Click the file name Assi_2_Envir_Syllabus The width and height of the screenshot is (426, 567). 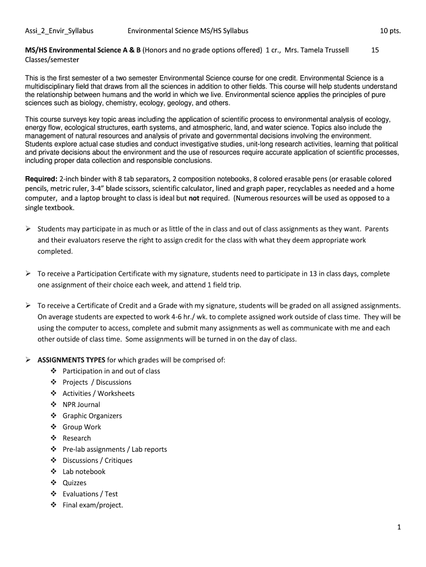[59, 31]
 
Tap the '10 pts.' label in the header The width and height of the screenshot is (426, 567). [389, 31]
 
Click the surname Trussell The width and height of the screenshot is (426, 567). [334, 50]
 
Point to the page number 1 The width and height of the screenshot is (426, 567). [398, 528]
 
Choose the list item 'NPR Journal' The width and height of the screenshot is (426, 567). [81, 404]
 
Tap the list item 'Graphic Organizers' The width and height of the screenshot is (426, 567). [92, 416]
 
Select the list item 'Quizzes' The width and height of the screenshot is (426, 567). [74, 483]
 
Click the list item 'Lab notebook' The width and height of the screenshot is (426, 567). [84, 472]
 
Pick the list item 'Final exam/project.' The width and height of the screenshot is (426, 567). [92, 505]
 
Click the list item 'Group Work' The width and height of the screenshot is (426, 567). [82, 427]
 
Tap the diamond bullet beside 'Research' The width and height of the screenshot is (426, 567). [54, 438]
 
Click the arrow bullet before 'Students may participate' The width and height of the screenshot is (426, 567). [28, 229]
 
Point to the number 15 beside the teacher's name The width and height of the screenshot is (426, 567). [375, 50]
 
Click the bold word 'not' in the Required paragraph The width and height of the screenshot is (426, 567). [194, 198]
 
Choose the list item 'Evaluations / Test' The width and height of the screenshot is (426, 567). [90, 494]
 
